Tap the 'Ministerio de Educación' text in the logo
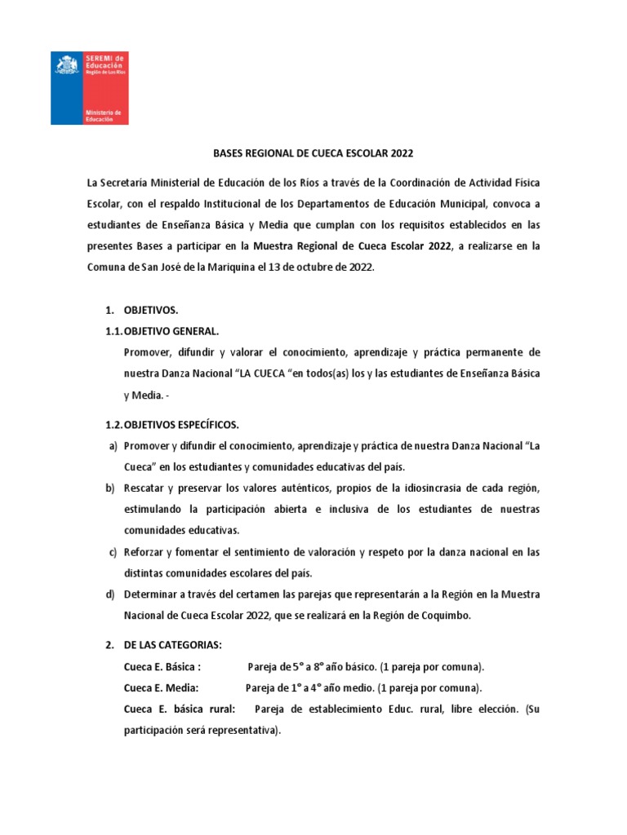click(x=103, y=115)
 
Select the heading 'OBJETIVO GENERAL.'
click(x=171, y=331)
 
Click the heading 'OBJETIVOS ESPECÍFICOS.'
click(x=181, y=425)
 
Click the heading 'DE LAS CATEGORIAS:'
click(x=172, y=646)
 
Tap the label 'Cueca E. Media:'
click(x=162, y=687)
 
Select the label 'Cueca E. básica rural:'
click(x=180, y=709)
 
